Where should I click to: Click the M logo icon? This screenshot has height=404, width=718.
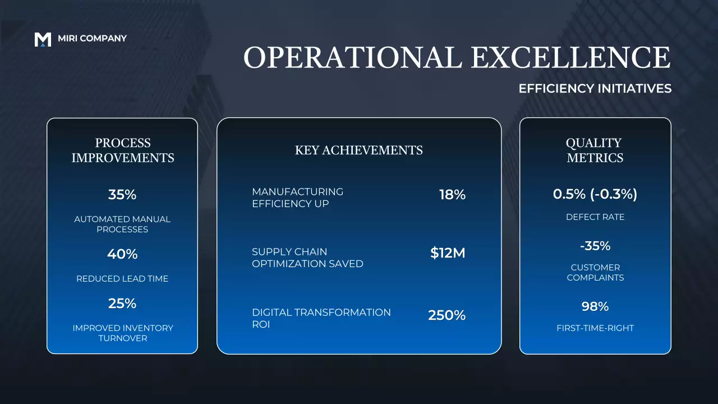(43, 39)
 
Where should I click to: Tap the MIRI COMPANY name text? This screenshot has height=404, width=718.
(92, 39)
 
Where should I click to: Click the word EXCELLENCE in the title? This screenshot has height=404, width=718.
(570, 58)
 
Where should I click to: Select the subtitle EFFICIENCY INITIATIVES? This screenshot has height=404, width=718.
(595, 89)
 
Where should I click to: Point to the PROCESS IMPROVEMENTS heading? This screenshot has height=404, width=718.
(122, 150)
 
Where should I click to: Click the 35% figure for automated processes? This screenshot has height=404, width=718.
(122, 195)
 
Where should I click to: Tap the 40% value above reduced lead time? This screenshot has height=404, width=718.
(122, 254)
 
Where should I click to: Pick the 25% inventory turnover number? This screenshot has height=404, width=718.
(122, 304)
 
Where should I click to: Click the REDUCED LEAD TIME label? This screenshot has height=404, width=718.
(122, 279)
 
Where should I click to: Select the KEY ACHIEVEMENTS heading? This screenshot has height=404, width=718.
(359, 150)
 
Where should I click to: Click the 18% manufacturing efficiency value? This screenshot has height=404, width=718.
(452, 195)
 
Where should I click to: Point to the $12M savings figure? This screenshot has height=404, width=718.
(448, 253)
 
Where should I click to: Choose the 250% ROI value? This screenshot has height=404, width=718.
(447, 315)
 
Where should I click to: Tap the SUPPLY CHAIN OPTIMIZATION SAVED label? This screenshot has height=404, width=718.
(307, 258)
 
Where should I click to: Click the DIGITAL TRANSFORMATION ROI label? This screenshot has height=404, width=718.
(321, 318)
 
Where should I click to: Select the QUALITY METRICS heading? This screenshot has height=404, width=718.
(595, 150)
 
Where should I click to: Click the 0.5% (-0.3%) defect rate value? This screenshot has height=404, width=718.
(595, 194)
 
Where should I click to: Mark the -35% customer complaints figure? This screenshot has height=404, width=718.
(595, 246)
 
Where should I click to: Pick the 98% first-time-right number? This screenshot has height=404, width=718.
(595, 307)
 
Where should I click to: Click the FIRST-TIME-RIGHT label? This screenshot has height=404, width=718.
(595, 328)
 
